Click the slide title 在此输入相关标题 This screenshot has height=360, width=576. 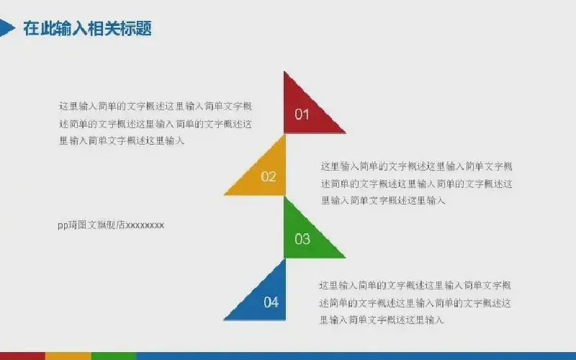(87, 28)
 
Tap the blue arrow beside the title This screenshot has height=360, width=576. (6, 28)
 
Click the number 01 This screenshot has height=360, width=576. (302, 114)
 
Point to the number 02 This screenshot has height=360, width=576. (268, 176)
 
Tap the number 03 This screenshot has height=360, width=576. (302, 239)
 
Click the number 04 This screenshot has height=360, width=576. (271, 302)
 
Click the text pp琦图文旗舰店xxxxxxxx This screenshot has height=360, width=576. (111, 225)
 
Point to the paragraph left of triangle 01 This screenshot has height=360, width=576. (156, 123)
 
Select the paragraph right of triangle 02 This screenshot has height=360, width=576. (417, 184)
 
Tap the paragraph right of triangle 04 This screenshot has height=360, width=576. (415, 302)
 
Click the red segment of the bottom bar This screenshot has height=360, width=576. (22, 356)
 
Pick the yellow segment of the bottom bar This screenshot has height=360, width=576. (68, 356)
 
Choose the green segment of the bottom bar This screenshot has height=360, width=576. (114, 356)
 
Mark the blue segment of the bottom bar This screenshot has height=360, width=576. (356, 356)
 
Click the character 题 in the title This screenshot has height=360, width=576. (143, 28)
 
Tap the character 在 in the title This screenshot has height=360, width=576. (31, 28)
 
